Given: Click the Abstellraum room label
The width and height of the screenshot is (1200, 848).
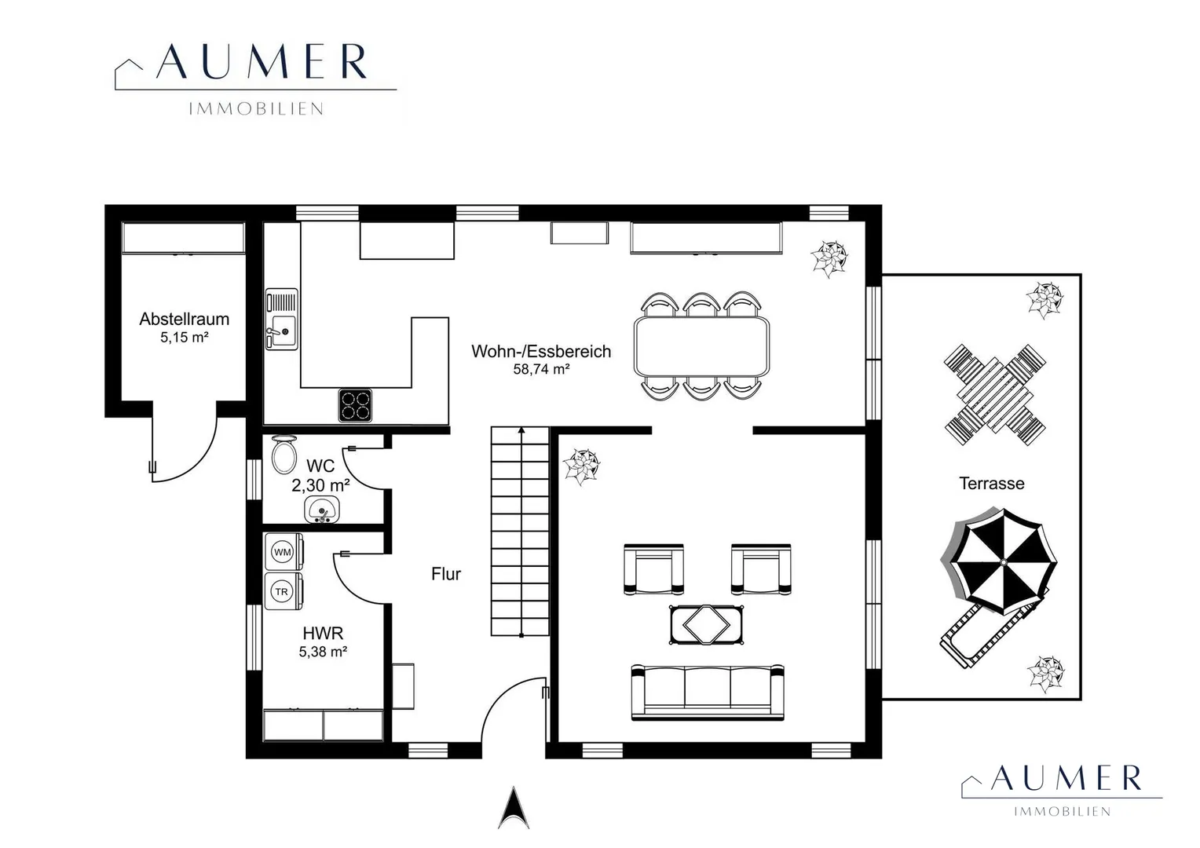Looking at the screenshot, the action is (x=185, y=320).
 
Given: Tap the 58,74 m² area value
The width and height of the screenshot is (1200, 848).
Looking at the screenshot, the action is (x=541, y=369).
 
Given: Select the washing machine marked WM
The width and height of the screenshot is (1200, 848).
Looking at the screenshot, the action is (x=284, y=552).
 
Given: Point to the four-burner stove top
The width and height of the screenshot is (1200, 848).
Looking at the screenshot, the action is (x=355, y=405).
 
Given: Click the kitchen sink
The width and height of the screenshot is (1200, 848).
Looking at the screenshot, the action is (x=282, y=320).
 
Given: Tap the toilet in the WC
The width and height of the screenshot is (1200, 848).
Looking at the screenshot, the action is (x=284, y=455).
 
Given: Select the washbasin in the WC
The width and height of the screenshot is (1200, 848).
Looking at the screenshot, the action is (x=322, y=509).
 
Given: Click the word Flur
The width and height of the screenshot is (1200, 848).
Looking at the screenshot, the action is (x=446, y=574).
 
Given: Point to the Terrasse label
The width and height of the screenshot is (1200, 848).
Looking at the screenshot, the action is (x=992, y=484).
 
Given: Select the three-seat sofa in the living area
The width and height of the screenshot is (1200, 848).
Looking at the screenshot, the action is (x=708, y=692).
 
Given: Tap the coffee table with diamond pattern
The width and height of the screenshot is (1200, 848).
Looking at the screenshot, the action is (x=707, y=625).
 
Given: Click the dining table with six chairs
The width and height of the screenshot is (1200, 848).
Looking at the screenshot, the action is (x=701, y=346).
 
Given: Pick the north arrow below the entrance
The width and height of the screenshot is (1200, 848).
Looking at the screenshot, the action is (x=514, y=808).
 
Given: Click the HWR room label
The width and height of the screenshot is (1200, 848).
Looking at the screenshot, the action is (x=323, y=634).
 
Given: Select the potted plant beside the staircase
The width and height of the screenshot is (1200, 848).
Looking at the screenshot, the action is (x=581, y=467).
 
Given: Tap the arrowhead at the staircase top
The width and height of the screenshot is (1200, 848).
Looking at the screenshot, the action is (x=521, y=429).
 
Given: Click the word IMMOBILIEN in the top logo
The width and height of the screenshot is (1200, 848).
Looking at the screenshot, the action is (x=256, y=109).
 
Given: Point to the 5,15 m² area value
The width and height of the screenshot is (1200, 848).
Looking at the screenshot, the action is (x=185, y=338).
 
